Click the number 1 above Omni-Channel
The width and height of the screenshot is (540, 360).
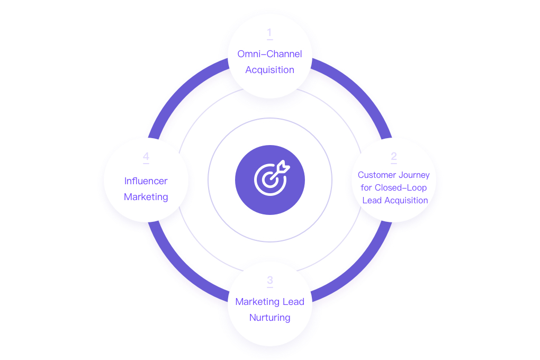269,33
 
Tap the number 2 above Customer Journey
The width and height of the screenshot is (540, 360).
394,156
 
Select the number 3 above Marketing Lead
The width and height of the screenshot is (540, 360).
270,281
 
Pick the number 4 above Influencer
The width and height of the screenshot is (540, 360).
146,157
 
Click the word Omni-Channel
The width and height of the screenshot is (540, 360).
269,54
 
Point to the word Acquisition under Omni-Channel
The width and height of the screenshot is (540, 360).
269,70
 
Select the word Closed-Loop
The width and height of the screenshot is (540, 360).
401,187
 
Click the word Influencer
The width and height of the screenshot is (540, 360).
146,181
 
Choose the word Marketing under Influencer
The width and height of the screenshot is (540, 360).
146,197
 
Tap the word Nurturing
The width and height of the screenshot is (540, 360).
269,318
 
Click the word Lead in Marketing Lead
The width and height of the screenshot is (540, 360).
293,302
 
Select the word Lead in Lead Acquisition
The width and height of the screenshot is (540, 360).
372,200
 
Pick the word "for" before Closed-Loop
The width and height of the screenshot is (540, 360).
366,187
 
